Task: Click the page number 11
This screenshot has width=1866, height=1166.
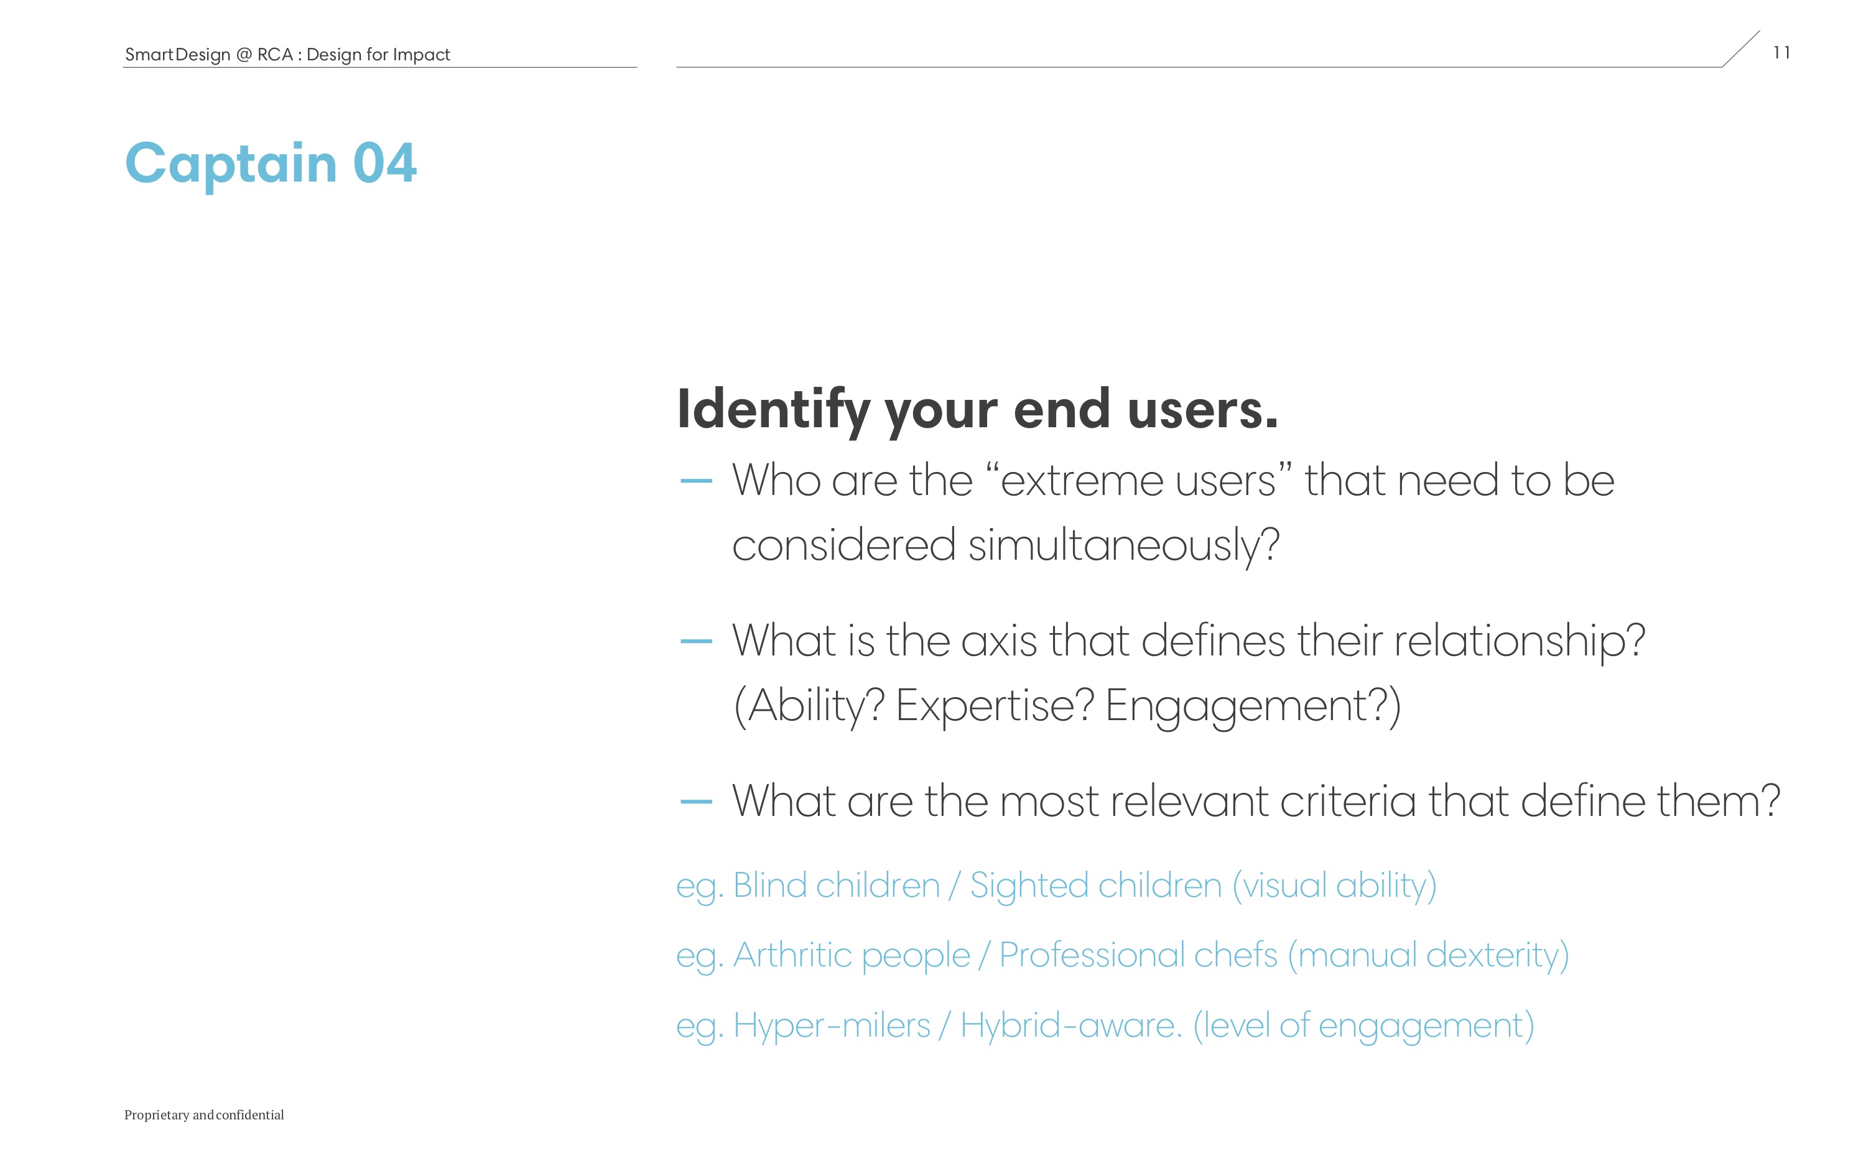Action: click(x=1781, y=52)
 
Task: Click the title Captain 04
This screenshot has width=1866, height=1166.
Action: click(x=271, y=164)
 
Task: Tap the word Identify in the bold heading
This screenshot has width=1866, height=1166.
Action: click(x=773, y=411)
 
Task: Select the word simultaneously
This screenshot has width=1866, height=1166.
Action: click(x=1123, y=546)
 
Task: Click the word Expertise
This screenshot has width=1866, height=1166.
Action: click(x=995, y=706)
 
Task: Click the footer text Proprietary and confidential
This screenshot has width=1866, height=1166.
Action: click(x=205, y=1115)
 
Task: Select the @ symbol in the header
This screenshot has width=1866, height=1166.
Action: click(x=244, y=55)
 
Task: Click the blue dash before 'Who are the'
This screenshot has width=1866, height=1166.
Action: click(x=696, y=481)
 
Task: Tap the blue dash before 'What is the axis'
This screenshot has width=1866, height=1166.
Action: click(x=696, y=641)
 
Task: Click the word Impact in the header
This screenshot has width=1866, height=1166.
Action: click(x=421, y=55)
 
